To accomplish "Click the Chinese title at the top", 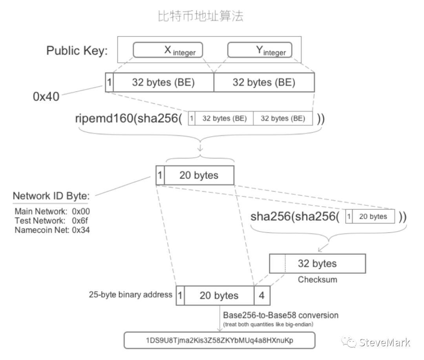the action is point(200,16).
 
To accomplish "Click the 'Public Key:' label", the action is point(77,51).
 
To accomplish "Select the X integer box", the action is point(168,50).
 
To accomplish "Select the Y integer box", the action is point(260,50).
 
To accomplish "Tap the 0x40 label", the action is point(46,97).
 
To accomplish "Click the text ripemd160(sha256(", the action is point(129,119).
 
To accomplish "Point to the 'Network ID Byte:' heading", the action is point(51,196).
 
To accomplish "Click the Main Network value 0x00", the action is point(81,211).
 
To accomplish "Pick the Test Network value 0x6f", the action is point(80,221).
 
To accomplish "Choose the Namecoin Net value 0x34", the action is point(81,230).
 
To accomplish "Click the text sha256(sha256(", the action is point(295,216).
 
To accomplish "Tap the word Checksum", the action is point(318,280).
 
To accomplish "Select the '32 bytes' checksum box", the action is point(318,263).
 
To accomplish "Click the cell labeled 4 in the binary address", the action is point(262,295).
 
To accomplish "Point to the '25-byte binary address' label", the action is point(130,294).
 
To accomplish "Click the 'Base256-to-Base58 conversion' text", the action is point(281,315).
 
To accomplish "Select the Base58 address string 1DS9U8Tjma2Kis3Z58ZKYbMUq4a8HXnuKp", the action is point(219,340).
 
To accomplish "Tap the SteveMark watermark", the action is point(376,342).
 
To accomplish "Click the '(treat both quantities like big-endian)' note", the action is point(268,324).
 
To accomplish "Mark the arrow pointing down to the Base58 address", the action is point(220,318).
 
